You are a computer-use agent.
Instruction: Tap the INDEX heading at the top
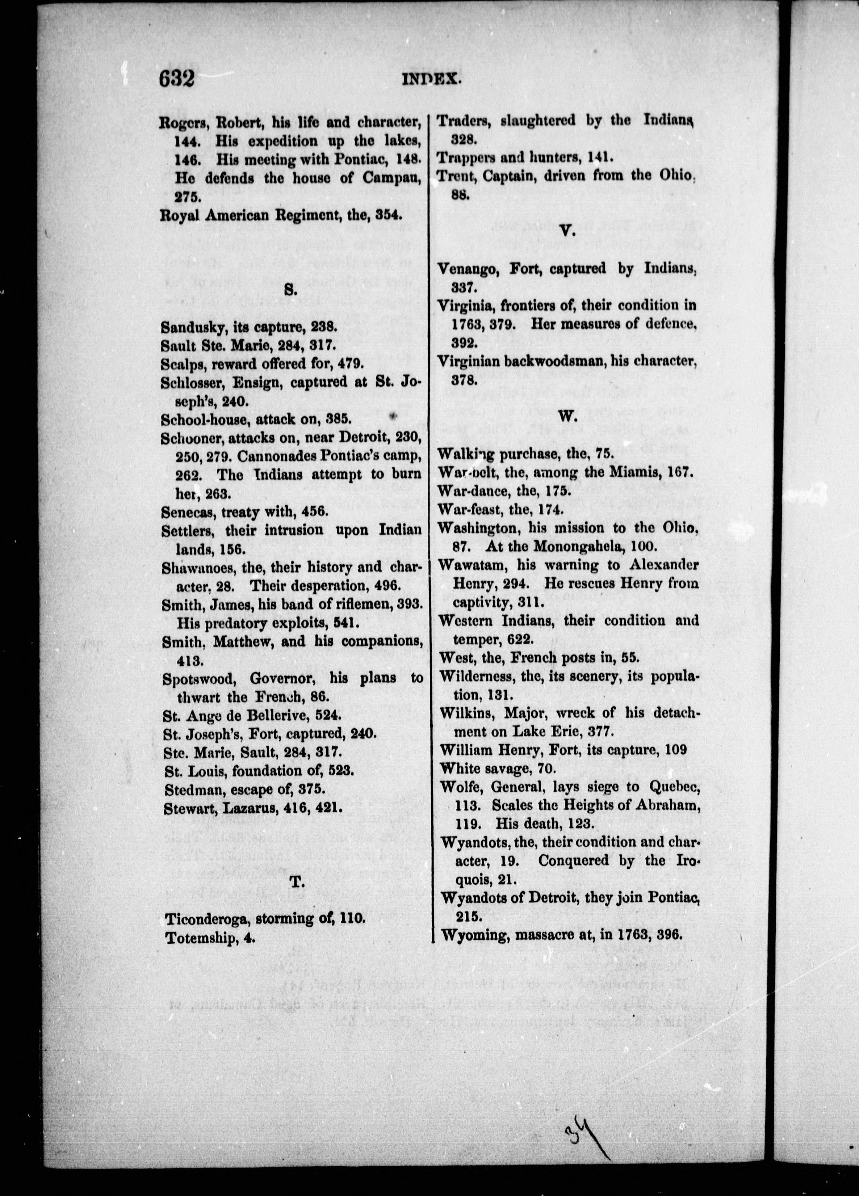[432, 80]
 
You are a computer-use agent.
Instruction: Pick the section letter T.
[296, 880]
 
